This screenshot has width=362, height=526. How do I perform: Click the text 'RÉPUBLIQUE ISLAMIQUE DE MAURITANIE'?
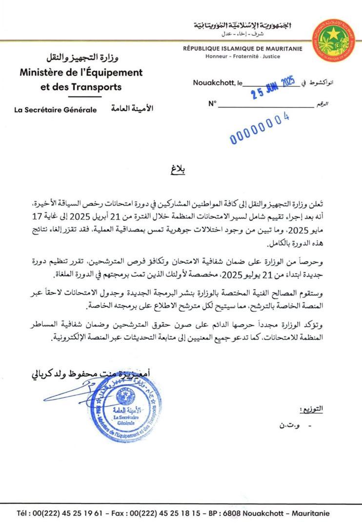[242, 49]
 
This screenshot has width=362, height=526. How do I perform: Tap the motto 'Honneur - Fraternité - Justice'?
[242, 56]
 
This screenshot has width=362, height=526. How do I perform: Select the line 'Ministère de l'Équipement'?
[81, 73]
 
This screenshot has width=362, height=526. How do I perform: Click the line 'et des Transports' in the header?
[81, 87]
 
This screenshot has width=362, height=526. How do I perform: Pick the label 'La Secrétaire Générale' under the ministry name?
[56, 110]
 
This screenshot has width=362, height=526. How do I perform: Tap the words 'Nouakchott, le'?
[217, 83]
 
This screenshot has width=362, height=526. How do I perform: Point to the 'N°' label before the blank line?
[212, 103]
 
